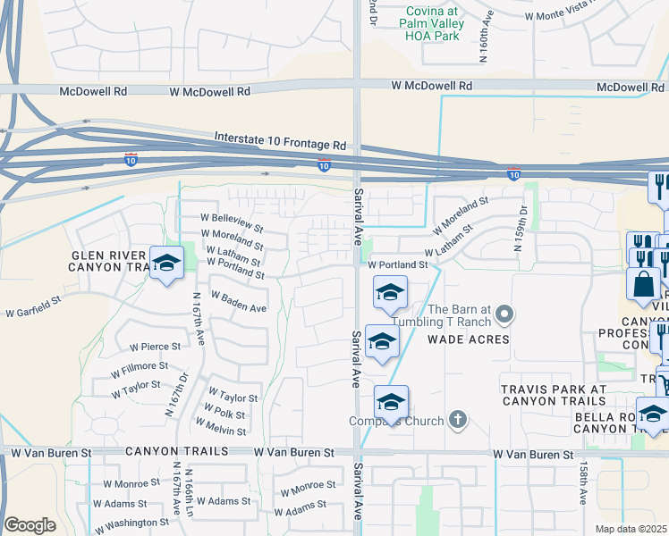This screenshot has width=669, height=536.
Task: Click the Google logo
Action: [30, 525]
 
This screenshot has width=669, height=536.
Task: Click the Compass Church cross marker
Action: [458, 420]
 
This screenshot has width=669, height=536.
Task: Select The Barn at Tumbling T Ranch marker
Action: [504, 314]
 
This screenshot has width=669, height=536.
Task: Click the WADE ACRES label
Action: [468, 339]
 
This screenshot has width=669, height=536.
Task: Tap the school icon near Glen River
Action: [166, 263]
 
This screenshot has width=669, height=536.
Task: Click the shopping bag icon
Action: [643, 283]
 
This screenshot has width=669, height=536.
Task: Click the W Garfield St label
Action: [33, 311]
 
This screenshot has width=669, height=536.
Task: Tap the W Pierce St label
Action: [155, 346]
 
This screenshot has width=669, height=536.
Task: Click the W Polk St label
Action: [224, 413]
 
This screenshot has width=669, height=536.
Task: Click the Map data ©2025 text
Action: [631, 529]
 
